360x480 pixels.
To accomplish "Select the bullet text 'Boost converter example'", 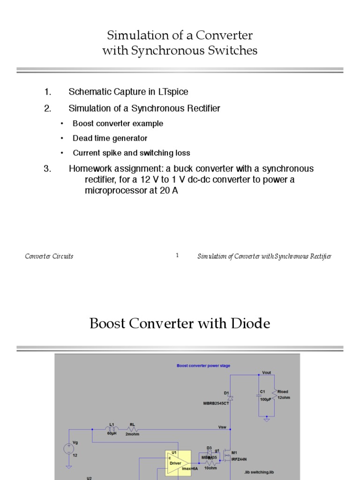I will [118, 124].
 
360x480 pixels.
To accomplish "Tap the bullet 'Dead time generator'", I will [110, 138].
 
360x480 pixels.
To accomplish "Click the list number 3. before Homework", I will [47, 169].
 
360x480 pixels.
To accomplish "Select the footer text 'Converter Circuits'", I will [49, 256].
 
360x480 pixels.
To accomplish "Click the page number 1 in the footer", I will [177, 255].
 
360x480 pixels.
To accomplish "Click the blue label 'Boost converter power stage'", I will [203, 366].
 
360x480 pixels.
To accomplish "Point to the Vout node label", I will [266, 373].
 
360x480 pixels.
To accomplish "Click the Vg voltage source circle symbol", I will [69, 449].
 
